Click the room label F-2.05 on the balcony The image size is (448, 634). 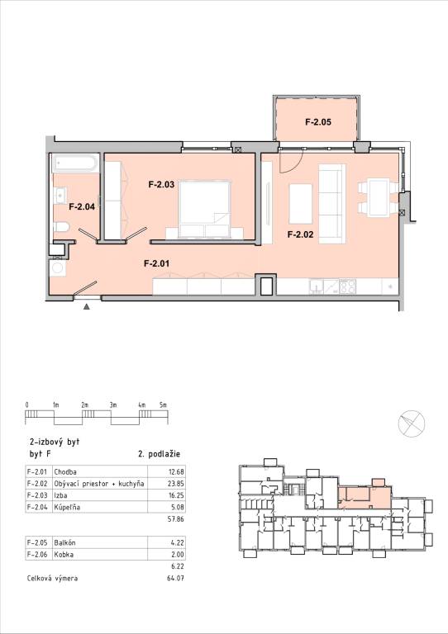click(x=318, y=122)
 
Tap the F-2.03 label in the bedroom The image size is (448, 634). click(x=160, y=185)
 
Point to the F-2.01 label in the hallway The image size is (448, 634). click(x=156, y=264)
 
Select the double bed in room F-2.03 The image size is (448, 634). click(x=203, y=206)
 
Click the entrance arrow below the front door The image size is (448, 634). click(x=86, y=306)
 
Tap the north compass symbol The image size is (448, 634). click(x=411, y=424)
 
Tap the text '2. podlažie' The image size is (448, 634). click(x=159, y=454)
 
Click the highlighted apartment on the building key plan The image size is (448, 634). click(x=364, y=496)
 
